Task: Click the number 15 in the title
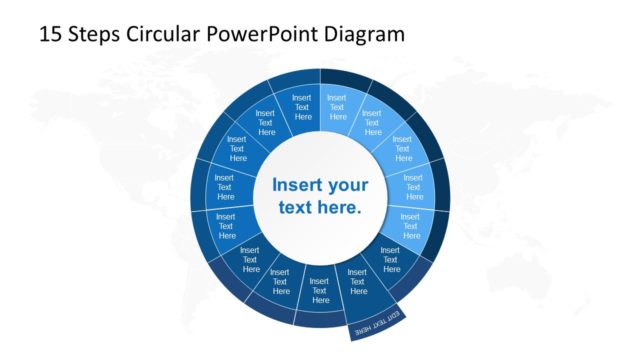(50, 35)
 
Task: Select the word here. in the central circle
(339, 208)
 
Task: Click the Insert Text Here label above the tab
(357, 284)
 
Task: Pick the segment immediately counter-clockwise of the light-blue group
(303, 105)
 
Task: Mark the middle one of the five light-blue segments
(403, 146)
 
